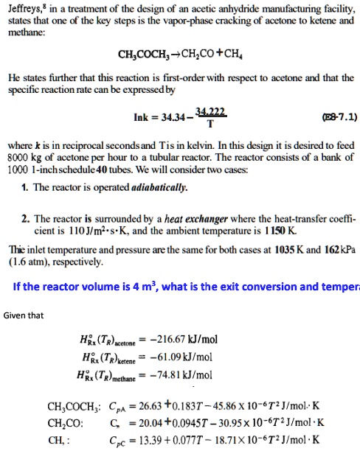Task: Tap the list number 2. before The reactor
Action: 26,219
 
